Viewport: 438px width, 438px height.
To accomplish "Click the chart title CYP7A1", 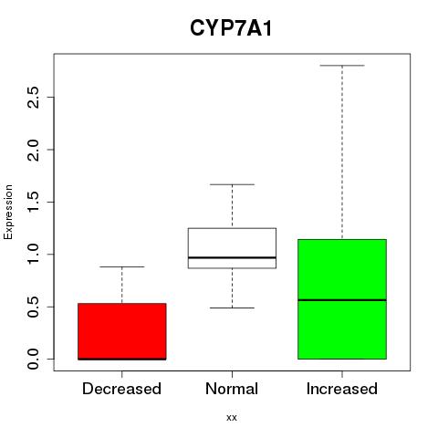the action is pyautogui.click(x=231, y=28).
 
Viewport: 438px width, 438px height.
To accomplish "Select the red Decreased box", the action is pyautogui.click(x=122, y=331).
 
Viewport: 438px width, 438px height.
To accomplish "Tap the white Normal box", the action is pyautogui.click(x=232, y=248).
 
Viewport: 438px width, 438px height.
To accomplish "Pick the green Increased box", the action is pyautogui.click(x=342, y=299).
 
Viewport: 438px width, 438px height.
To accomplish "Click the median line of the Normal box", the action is pyautogui.click(x=232, y=257).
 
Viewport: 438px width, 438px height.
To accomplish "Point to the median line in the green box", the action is pyautogui.click(x=342, y=300).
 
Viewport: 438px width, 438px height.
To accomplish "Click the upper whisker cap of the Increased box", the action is pyautogui.click(x=342, y=66).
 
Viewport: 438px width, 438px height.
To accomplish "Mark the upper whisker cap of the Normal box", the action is pyautogui.click(x=232, y=184).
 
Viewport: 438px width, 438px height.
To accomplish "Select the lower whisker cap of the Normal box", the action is pyautogui.click(x=232, y=308).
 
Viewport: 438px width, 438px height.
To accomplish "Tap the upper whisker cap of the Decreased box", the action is pyautogui.click(x=122, y=266).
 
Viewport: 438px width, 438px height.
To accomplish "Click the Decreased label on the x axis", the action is pyautogui.click(x=121, y=389).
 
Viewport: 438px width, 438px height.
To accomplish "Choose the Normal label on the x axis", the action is pyautogui.click(x=232, y=389).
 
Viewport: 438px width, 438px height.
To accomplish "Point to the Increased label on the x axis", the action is pyautogui.click(x=342, y=389).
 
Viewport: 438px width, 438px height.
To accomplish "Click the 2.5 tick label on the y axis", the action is pyautogui.click(x=33, y=98).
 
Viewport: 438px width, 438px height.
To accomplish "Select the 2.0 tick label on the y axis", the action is pyautogui.click(x=33, y=150).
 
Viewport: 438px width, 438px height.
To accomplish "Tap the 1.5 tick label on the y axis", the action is pyautogui.click(x=33, y=202).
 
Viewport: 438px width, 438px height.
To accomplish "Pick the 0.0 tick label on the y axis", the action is pyautogui.click(x=33, y=359).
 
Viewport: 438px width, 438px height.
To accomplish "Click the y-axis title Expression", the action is pyautogui.click(x=8, y=212).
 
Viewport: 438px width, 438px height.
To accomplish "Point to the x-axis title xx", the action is pyautogui.click(x=232, y=417).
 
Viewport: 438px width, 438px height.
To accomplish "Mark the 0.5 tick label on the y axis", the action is pyautogui.click(x=33, y=307).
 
